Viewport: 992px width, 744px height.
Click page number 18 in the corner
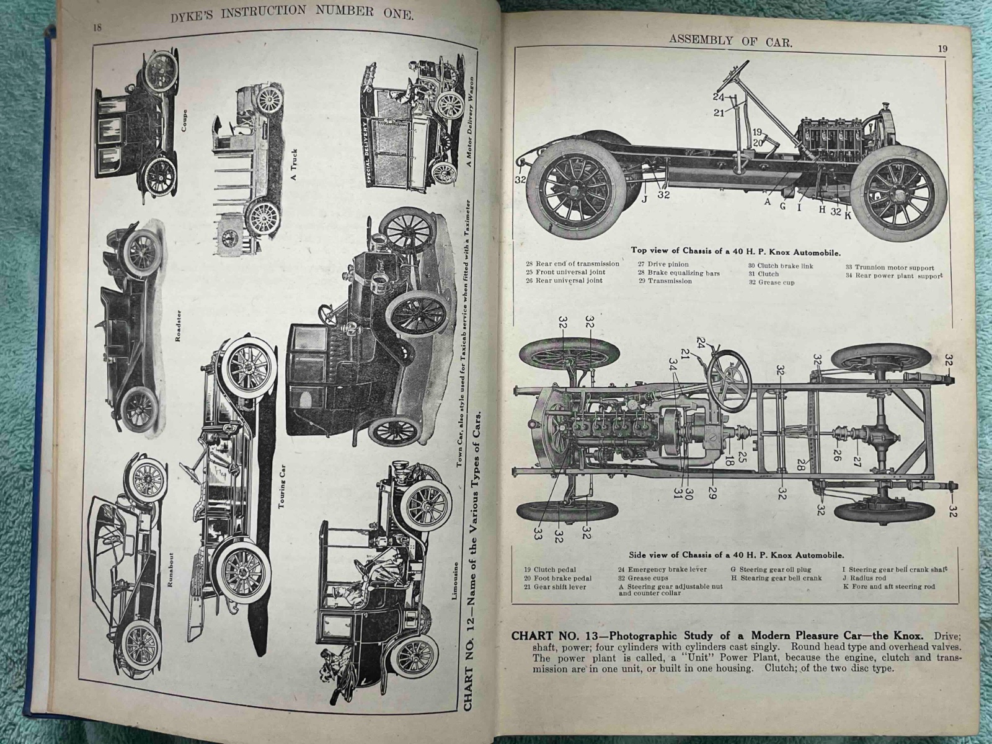pyautogui.click(x=97, y=27)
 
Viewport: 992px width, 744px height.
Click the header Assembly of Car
pyautogui.click(x=731, y=42)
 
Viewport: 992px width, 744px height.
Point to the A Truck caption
pyautogui.click(x=294, y=164)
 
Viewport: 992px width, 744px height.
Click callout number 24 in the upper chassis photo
pyautogui.click(x=718, y=97)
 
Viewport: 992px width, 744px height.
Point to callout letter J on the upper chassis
pyautogui.click(x=644, y=199)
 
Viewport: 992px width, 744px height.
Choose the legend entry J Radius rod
pyautogui.click(x=874, y=578)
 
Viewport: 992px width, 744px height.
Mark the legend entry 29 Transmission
pyautogui.click(x=665, y=281)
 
